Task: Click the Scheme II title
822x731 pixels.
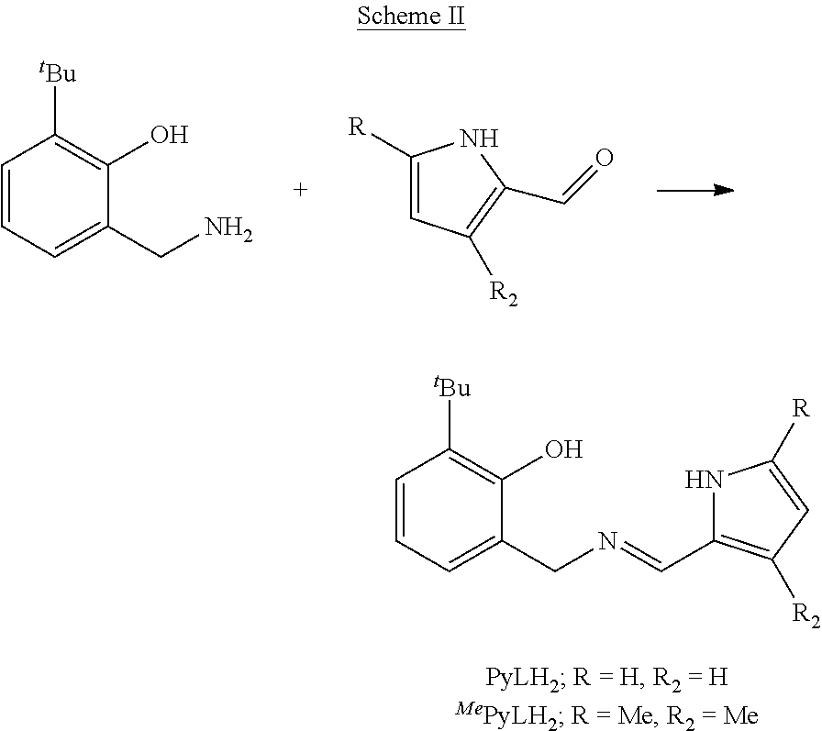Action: [411, 16]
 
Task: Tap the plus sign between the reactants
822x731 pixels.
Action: [300, 189]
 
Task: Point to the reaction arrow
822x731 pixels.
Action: [695, 190]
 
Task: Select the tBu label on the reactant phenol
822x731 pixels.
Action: [58, 72]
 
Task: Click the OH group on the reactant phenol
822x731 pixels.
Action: [169, 135]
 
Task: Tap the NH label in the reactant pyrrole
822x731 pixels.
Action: [479, 138]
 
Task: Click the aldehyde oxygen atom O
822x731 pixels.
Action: [604, 157]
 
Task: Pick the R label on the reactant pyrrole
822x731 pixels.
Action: [357, 127]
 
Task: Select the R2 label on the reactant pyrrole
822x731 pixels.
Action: [504, 292]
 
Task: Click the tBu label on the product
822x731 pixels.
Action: [452, 387]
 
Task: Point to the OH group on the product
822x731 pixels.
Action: [563, 449]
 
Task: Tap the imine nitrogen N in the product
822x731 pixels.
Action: [607, 541]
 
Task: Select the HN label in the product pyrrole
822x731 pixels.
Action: [705, 480]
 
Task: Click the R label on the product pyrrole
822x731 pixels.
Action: [801, 408]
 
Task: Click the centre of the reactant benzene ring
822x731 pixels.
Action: [56, 196]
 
